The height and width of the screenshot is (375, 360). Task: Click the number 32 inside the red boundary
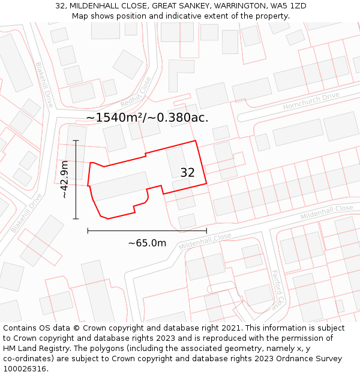click(187, 173)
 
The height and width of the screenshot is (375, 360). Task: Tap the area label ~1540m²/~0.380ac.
click(147, 118)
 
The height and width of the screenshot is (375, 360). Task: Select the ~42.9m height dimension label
click(64, 179)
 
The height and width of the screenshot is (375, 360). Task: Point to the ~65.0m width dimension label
click(147, 243)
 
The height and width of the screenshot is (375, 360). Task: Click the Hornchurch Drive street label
click(311, 101)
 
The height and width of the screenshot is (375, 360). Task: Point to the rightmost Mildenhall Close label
click(326, 212)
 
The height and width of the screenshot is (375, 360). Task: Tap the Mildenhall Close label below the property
click(205, 241)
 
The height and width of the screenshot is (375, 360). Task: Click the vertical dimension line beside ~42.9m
click(76, 179)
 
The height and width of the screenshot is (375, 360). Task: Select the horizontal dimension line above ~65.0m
click(147, 230)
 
